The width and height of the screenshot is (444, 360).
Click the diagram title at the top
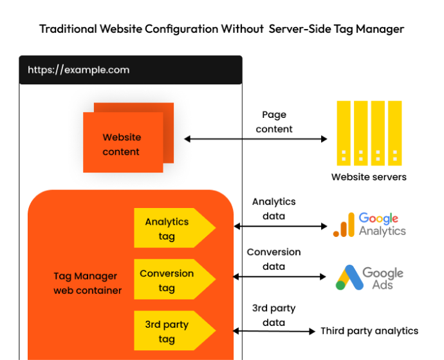(x=221, y=29)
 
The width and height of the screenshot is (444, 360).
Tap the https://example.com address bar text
(x=79, y=70)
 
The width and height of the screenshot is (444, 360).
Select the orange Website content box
(x=122, y=144)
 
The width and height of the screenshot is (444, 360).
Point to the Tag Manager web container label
(x=88, y=283)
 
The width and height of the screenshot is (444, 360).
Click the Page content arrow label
(x=274, y=122)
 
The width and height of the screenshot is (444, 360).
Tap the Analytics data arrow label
(x=274, y=209)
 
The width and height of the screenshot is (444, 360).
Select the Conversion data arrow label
(x=274, y=259)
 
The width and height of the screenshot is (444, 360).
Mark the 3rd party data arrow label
(x=274, y=315)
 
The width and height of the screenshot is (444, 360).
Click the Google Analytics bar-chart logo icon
(x=344, y=225)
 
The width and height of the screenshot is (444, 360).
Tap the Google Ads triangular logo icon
(x=348, y=277)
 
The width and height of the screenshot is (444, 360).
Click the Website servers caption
(x=369, y=176)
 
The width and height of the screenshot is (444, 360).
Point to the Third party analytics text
(x=369, y=331)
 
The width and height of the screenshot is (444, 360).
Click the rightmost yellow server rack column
(x=394, y=133)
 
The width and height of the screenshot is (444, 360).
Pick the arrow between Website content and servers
(x=255, y=138)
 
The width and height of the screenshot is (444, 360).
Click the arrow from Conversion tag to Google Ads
(x=280, y=276)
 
